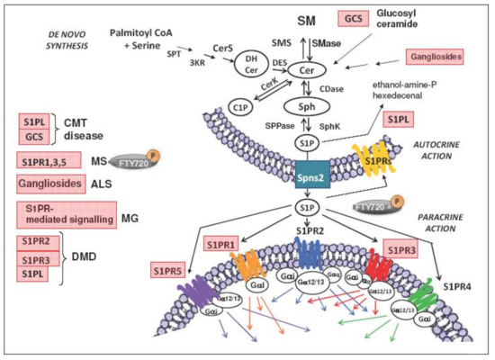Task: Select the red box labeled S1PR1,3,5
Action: click(48, 159)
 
